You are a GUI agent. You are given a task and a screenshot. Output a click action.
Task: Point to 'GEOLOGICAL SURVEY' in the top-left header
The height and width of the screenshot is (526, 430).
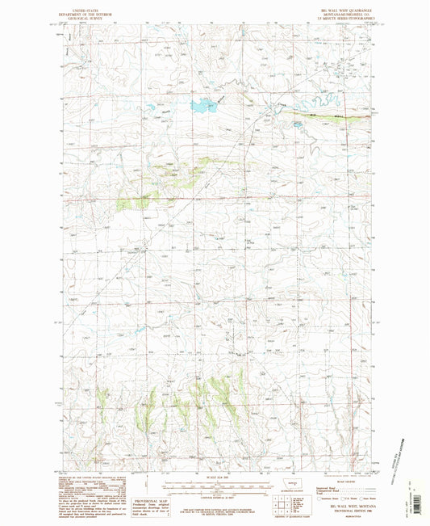click(x=77, y=15)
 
